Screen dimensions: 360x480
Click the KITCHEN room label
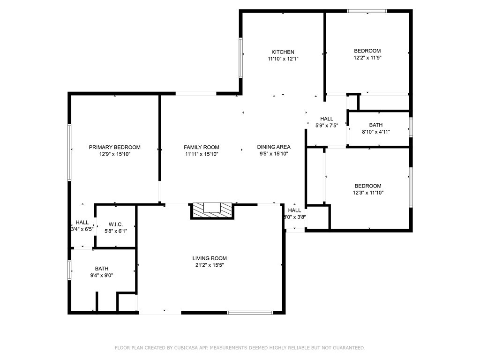(x=283, y=52)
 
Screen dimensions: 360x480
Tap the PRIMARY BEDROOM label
(x=114, y=147)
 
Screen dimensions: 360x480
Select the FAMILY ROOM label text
(x=201, y=147)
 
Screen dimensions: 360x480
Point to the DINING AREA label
(x=274, y=147)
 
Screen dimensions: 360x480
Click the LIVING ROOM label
(x=210, y=258)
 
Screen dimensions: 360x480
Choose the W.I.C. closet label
(x=115, y=225)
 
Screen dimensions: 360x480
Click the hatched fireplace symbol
(x=212, y=210)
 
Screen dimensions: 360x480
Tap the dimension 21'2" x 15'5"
(x=210, y=265)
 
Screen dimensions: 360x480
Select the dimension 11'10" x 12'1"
(x=283, y=59)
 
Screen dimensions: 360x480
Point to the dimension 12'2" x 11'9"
(x=367, y=58)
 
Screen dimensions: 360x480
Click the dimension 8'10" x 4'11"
(x=375, y=132)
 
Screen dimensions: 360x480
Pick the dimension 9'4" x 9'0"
(x=102, y=275)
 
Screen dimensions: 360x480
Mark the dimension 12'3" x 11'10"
(x=368, y=193)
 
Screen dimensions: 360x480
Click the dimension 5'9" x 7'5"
(x=327, y=126)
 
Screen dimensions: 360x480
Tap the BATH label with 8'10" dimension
(x=375, y=125)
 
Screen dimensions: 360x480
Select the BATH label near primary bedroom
(x=102, y=269)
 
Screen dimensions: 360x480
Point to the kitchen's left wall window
(x=241, y=57)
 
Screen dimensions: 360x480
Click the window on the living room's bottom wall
(x=250, y=312)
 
